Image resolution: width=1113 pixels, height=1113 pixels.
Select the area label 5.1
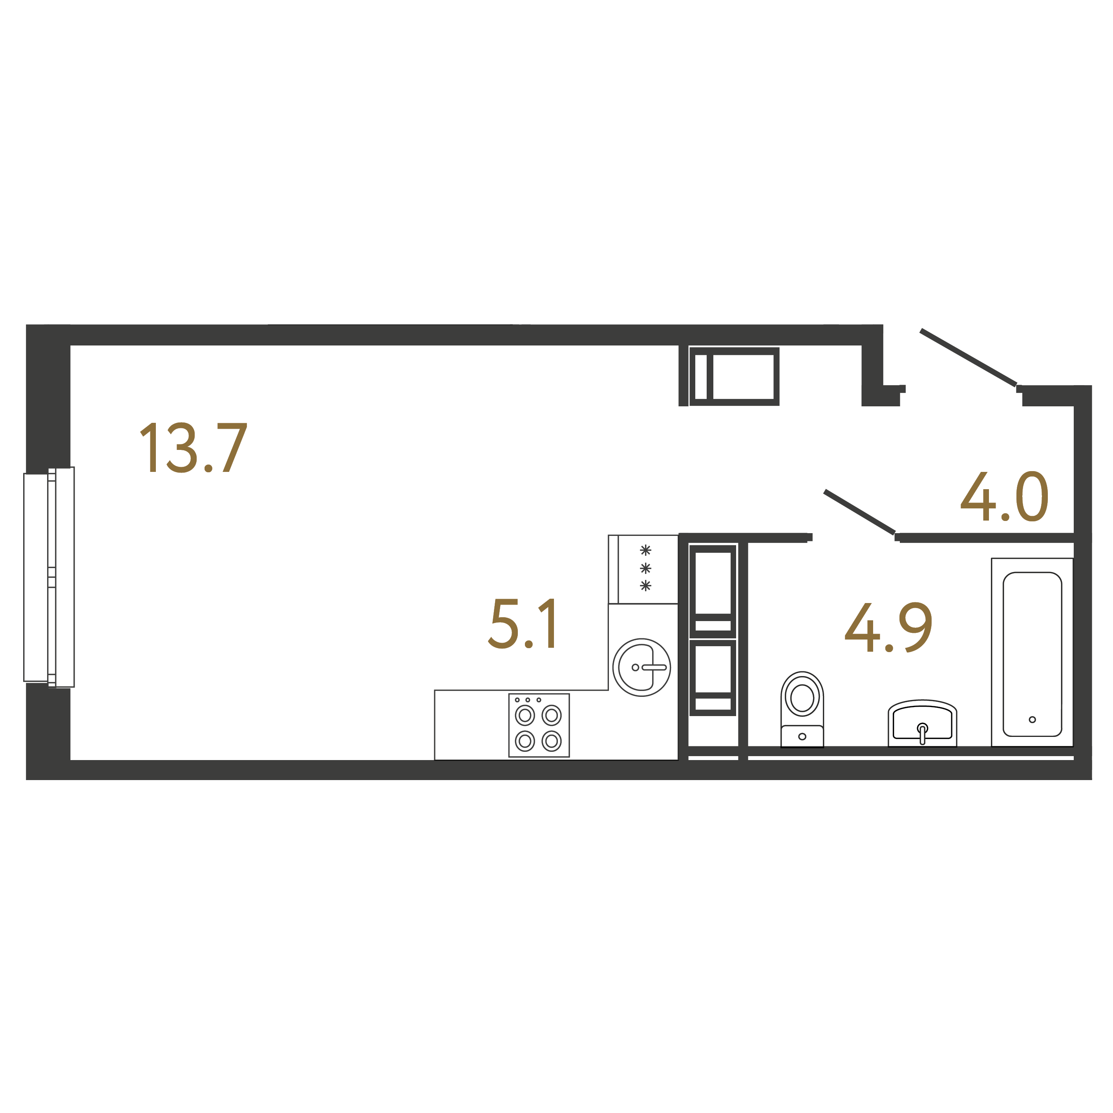click(523, 624)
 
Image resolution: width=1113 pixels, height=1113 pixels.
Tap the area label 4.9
click(888, 627)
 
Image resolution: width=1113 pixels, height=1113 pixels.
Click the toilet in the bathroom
click(802, 709)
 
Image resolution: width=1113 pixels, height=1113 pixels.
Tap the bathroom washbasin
click(922, 724)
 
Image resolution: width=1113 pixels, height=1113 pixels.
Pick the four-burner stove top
click(539, 725)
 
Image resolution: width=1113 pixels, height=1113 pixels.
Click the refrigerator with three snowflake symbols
click(643, 569)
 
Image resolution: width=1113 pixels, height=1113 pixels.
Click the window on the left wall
click(49, 577)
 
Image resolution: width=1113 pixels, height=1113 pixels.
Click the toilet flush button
click(802, 736)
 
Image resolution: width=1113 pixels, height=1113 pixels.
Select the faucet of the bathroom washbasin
click(922, 733)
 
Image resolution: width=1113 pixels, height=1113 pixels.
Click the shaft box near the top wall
click(735, 376)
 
